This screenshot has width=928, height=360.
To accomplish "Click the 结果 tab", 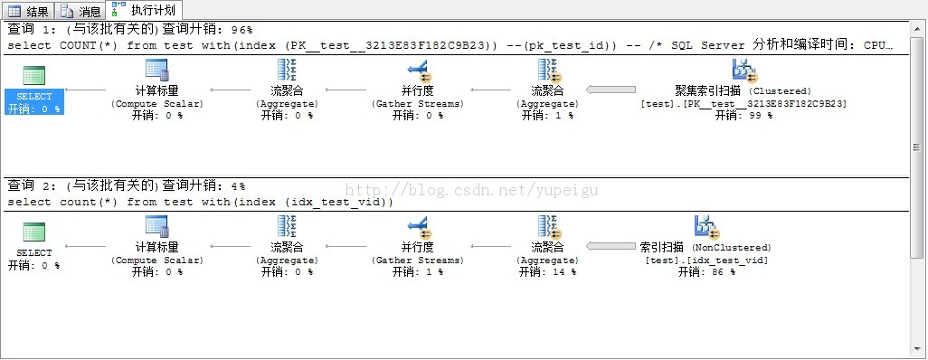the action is (28, 10).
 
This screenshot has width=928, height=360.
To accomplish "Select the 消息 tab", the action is (80, 10).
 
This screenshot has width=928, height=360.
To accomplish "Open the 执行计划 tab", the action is (144, 9).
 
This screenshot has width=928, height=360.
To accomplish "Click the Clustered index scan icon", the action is (744, 71).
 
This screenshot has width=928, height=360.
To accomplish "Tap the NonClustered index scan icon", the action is (706, 227).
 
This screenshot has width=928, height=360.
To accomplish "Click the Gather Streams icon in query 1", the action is (419, 71).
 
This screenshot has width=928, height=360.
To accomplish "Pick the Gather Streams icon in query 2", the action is (419, 227).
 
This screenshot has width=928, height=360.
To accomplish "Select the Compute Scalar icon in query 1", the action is (156, 71).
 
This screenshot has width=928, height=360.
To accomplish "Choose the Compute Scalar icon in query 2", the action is (156, 227).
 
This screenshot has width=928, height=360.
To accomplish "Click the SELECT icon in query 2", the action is (33, 232).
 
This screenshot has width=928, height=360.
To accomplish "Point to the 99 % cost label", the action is (744, 116).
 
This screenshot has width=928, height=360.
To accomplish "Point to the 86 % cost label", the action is (706, 272).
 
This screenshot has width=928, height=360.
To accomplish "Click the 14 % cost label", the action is (547, 272).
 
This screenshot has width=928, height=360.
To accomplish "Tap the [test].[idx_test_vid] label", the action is (706, 260).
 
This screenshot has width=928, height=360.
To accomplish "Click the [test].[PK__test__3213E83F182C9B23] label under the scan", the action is (744, 104).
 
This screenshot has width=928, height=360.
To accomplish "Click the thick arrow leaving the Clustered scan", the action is (611, 90).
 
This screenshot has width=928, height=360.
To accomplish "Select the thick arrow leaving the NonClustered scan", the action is (611, 246).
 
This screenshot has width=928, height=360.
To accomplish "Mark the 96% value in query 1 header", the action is (241, 30).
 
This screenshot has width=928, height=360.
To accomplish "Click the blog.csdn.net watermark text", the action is (471, 190).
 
